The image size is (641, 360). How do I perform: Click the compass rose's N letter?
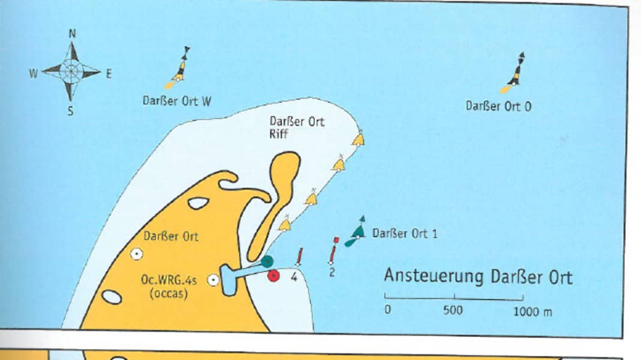72,34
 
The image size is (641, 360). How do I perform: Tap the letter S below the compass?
70,110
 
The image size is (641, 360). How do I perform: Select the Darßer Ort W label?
177,101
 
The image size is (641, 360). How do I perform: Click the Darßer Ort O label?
498,106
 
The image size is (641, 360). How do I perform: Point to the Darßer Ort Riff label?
288,127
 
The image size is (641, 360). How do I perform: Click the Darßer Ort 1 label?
405,233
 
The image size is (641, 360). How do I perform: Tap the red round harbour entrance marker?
274,275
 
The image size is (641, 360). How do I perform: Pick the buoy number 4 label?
294,276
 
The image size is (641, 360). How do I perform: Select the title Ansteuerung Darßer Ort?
478,277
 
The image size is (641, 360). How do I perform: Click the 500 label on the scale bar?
453,310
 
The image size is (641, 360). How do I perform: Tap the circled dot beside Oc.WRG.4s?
213,280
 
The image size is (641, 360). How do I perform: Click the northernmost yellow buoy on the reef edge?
358,139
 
